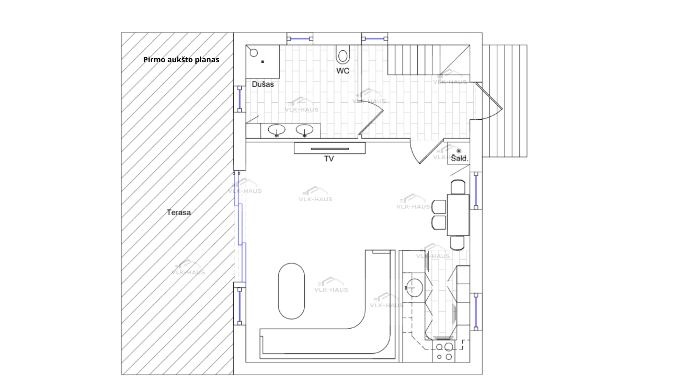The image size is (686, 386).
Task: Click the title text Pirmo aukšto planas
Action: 181,60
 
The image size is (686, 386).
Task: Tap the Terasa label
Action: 179,212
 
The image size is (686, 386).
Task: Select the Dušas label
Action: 263,84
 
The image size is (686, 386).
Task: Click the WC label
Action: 343,71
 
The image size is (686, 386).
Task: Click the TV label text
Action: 329,159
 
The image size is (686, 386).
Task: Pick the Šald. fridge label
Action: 459,158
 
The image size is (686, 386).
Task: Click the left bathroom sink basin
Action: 276,129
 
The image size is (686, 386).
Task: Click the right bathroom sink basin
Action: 304,129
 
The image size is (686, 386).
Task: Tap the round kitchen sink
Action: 414,288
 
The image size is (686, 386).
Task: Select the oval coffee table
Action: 292,291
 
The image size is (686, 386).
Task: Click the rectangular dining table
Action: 458,215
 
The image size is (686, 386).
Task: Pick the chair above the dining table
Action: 458,187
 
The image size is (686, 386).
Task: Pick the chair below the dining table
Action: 457,243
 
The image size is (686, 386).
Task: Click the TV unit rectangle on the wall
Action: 329,148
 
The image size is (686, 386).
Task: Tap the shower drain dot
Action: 263,62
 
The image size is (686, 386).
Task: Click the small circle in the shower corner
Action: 254,53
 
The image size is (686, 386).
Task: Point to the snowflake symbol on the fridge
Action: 459,151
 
